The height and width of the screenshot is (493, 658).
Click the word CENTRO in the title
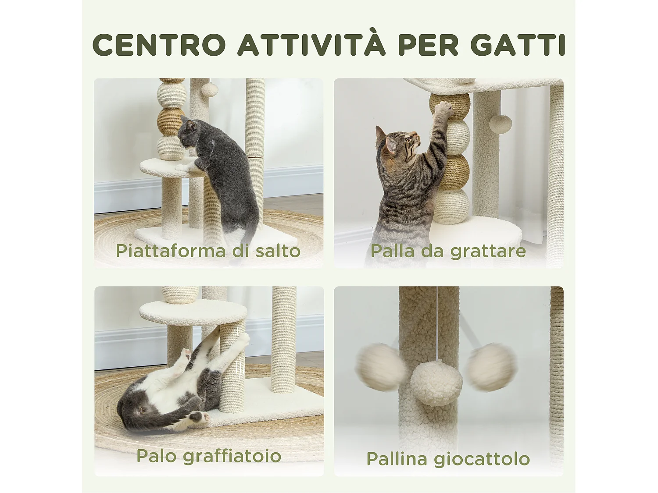point(159,45)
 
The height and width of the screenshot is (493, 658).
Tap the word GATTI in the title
point(518,45)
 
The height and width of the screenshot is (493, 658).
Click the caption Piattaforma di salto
point(208,251)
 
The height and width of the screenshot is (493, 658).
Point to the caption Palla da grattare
point(448,251)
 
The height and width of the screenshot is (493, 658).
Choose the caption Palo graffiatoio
point(209,456)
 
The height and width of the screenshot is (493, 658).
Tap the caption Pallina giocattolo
point(448,459)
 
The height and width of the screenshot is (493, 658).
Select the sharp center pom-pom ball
point(436,383)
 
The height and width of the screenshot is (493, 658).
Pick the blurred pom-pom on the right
point(490,367)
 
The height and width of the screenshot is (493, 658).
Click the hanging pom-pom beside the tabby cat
point(501,124)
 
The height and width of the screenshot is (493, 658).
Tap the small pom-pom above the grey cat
point(209,89)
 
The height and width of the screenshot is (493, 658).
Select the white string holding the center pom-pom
point(437,324)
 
